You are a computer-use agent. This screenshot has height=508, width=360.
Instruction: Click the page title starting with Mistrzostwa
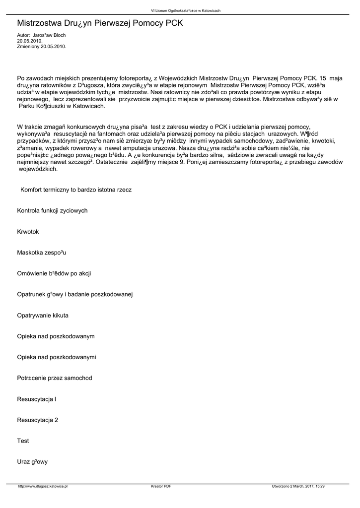pos(100,23)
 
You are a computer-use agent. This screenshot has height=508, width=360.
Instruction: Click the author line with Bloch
pos(41,36)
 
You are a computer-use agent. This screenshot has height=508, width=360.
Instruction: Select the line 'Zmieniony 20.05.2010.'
pos(41,46)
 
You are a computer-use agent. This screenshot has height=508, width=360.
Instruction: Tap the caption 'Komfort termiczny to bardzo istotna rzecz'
pos(76,190)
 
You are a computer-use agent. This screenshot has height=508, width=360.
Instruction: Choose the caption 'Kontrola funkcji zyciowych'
pos(52,211)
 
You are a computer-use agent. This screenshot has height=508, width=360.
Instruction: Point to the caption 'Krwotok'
pos(28,232)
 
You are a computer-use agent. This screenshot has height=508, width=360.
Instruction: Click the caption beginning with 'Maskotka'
pos(42,253)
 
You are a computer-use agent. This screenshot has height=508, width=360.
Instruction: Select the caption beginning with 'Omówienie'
pos(54,274)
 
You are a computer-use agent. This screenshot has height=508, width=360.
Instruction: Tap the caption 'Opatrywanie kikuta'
pos(43,316)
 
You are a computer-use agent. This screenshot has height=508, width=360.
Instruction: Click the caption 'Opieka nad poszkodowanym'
pos(56,336)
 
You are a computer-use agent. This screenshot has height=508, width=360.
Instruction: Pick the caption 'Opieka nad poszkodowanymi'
pos(57,357)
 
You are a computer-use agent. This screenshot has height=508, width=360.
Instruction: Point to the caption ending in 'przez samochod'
pos(55,378)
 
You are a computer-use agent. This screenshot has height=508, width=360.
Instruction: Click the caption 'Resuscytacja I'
pos(37,399)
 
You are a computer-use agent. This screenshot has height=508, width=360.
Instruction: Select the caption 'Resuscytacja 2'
pos(38,420)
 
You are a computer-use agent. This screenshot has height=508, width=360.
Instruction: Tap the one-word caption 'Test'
pos(23,441)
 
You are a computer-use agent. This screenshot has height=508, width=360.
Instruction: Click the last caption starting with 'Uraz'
pos(32,462)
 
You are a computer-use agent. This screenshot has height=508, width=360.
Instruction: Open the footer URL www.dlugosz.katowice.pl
pos(43,487)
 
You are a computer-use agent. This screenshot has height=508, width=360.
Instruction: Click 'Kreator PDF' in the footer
pos(161,487)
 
